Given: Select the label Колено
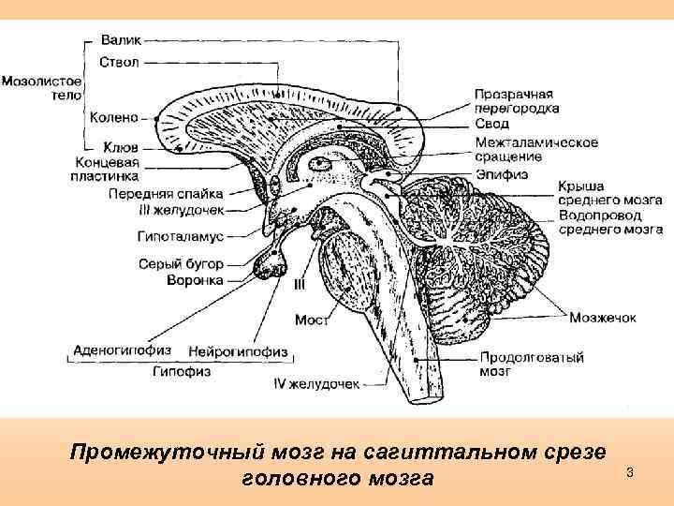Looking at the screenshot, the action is pos(115,118).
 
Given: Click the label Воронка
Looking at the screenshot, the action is pos(195,279).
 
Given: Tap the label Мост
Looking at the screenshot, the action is pos(311,320).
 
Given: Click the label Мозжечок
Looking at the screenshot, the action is pos(603,318).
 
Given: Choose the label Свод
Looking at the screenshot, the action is pos(491,124).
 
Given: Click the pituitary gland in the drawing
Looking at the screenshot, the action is pos(272,269).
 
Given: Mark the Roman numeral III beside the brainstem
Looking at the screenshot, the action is pos(300,282).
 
